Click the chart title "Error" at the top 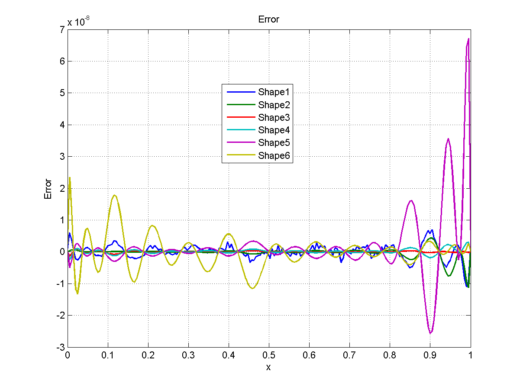[x=268, y=19]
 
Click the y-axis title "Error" [x=48, y=189]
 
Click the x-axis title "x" [x=268, y=367]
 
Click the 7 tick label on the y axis [x=62, y=29]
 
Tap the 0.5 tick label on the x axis [x=268, y=355]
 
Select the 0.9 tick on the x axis [x=430, y=355]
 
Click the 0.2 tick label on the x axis [x=148, y=355]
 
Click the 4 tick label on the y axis [x=62, y=125]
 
